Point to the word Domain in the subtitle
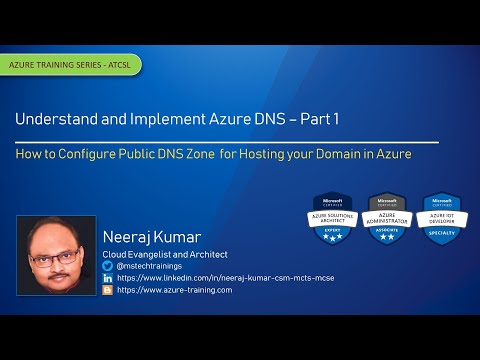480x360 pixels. click(x=337, y=155)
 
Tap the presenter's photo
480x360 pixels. click(x=56, y=255)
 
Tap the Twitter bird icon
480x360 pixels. click(x=108, y=266)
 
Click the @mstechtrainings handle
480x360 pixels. click(x=149, y=266)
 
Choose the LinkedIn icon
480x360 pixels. click(x=108, y=278)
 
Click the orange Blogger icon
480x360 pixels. click(x=108, y=290)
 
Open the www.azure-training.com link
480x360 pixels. click(x=174, y=290)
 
